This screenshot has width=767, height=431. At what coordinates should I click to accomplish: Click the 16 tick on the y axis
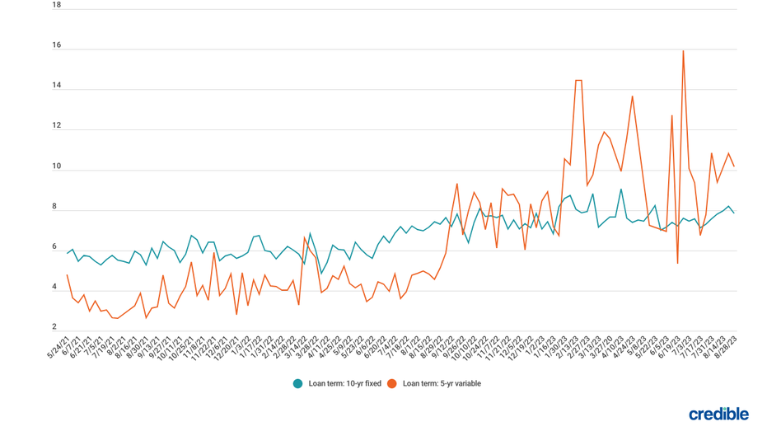tap(56, 45)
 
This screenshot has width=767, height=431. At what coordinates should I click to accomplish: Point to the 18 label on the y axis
tap(56, 5)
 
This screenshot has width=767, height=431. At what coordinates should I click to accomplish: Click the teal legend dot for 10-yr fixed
tap(297, 383)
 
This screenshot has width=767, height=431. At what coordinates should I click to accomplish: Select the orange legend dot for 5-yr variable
tap(391, 383)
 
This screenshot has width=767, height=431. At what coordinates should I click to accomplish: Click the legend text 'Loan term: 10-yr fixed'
tap(344, 383)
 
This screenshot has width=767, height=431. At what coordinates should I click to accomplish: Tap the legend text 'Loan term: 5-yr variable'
tap(442, 383)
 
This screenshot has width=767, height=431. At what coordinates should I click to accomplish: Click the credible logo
tap(718, 414)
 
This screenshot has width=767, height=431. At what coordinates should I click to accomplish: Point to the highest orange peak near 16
tap(683, 51)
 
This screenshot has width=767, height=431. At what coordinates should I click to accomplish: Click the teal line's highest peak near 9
tap(621, 190)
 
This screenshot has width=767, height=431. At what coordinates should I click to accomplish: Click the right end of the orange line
tap(734, 166)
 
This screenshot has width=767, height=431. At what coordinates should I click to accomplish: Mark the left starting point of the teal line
tap(67, 253)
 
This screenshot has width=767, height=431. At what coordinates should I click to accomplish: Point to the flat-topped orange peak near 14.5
tap(578, 80)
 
